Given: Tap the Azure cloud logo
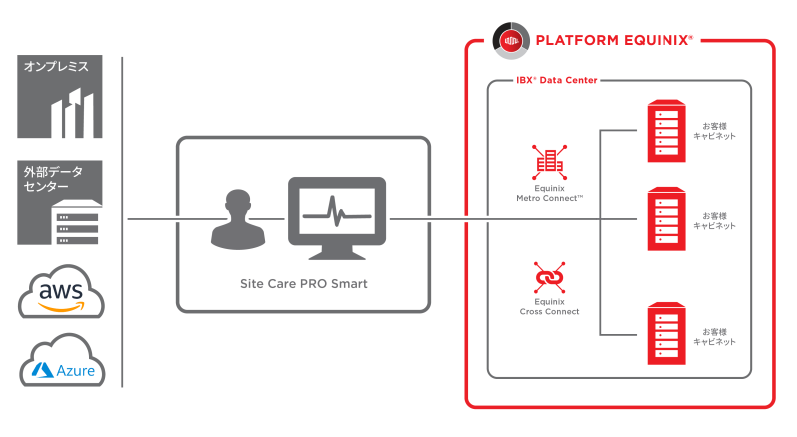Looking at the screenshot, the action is click(62, 361).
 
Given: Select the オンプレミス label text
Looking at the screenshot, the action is click(56, 66).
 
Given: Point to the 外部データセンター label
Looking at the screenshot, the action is click(53, 179).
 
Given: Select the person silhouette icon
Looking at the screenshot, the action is click(238, 220).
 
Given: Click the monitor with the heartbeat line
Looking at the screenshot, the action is click(337, 218).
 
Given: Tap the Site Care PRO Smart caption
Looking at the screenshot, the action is click(304, 283).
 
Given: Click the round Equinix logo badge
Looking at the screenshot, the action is click(511, 41).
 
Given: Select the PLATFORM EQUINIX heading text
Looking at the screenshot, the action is click(614, 40).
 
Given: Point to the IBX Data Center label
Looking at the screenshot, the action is click(557, 80).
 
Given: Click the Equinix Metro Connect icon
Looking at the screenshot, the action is click(550, 162).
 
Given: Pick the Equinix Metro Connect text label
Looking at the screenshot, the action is click(550, 193).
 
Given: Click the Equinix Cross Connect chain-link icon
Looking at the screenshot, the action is click(550, 277).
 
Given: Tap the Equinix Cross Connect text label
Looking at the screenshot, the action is click(550, 306).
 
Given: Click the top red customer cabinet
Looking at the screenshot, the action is click(666, 131).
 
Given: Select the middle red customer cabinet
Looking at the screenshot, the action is click(666, 219).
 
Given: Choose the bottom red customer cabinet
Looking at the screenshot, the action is click(666, 333).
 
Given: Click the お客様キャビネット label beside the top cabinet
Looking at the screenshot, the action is click(714, 131).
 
